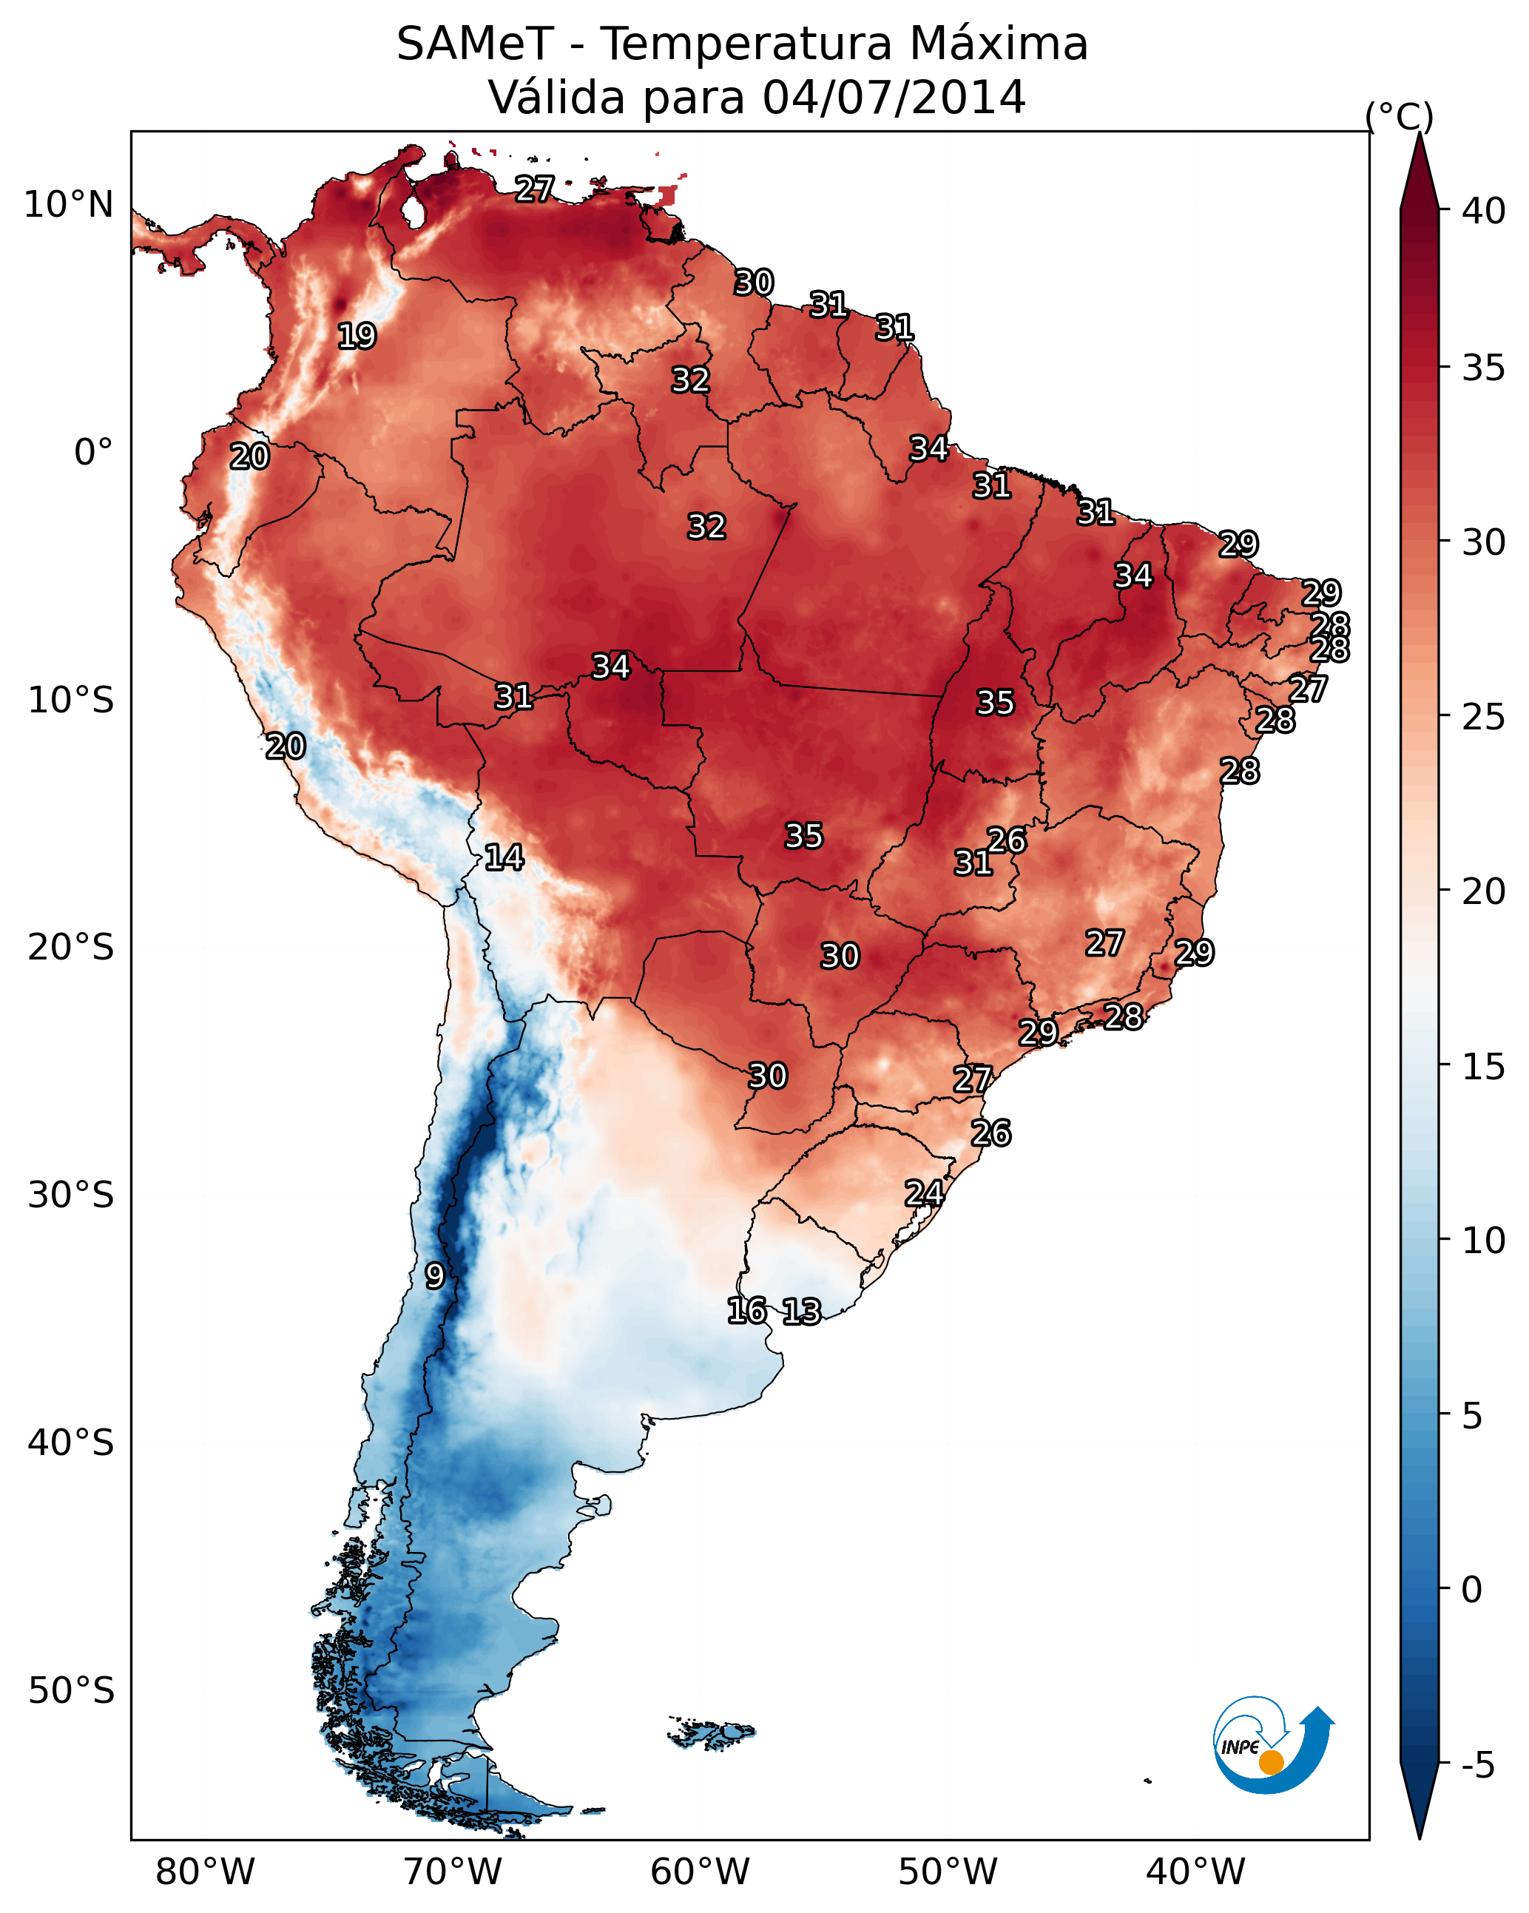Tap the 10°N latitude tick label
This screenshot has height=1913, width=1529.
coord(68,205)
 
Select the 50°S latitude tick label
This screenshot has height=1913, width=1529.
coord(71,1690)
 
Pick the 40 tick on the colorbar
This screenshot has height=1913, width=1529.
coord(1484,211)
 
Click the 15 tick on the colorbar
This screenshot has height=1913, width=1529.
coord(1484,1067)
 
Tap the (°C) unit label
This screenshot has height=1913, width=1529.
coord(1399,116)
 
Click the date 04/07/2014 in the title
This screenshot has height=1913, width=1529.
coord(894,97)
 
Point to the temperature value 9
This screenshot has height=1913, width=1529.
coord(434,1275)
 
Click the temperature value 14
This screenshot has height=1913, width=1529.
coord(504,857)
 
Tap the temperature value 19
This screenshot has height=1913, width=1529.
coord(357,337)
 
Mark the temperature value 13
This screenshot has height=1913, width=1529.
coord(801,1312)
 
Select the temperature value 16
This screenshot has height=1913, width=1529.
coord(746,1311)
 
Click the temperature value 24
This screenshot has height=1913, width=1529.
coord(924,1193)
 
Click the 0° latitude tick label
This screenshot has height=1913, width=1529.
coord(93,453)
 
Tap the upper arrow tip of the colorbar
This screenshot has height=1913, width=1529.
coord(1420,135)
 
